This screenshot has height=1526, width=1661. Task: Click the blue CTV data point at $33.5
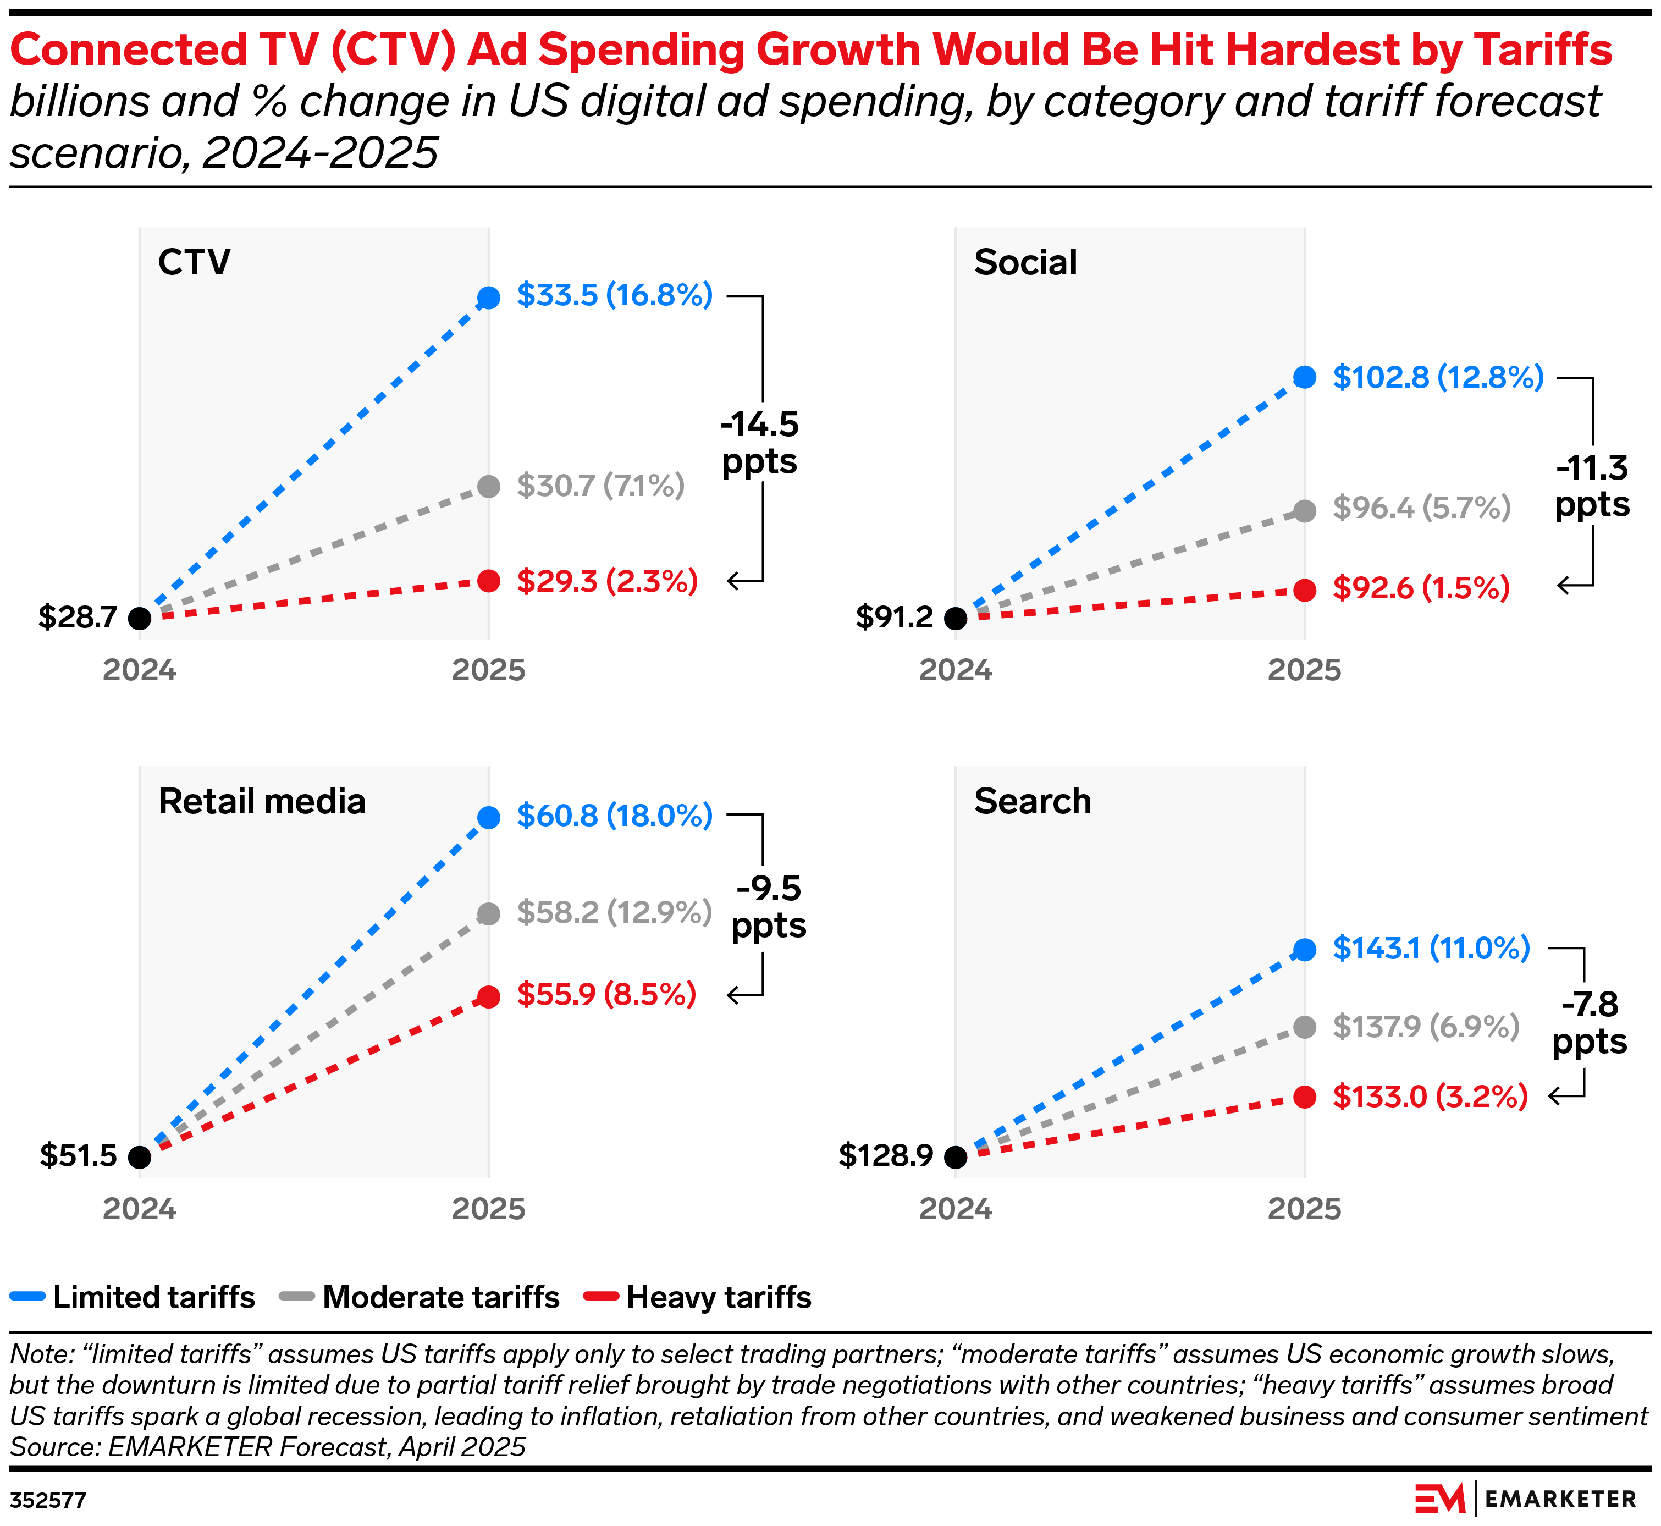point(489,298)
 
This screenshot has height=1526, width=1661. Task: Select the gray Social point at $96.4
point(1304,511)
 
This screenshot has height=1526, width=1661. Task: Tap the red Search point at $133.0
point(1304,1098)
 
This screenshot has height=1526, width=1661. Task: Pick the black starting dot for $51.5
point(140,1157)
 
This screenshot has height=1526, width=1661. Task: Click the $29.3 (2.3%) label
point(607,581)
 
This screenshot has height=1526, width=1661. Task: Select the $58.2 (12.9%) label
point(614,912)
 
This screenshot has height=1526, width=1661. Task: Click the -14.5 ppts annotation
point(759,443)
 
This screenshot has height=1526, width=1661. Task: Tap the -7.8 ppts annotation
point(1589,1023)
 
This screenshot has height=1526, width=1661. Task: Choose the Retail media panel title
point(262,802)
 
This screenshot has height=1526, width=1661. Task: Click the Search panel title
point(1032,802)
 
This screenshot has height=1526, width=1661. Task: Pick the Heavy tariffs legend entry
point(698,1297)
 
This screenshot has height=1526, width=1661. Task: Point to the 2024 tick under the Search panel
point(955,1209)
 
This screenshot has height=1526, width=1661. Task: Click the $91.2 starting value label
point(894,617)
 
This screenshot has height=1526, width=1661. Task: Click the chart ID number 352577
point(48,1500)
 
